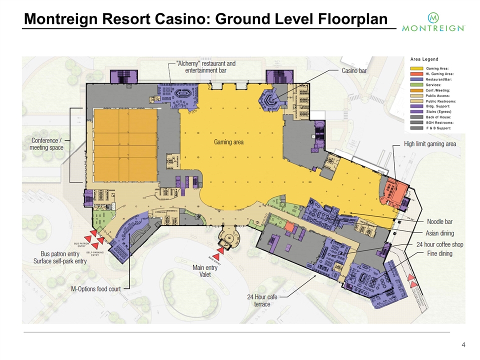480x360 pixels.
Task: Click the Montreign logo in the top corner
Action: [434, 22]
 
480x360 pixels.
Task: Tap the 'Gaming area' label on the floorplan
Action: [229, 142]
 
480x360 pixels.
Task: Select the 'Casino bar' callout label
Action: [354, 71]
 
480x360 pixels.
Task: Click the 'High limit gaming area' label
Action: [429, 144]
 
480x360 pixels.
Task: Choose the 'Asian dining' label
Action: [440, 233]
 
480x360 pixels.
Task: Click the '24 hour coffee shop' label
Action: [440, 244]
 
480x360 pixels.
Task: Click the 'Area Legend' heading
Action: [424, 59]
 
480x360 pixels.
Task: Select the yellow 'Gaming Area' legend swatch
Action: [417, 67]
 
